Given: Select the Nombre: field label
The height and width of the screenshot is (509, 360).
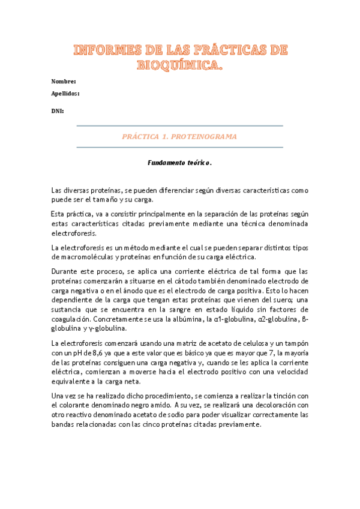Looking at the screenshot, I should [63, 81].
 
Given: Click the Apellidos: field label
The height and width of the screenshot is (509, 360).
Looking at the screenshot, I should [65, 94].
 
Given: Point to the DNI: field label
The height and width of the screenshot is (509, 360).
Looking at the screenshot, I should [58, 111].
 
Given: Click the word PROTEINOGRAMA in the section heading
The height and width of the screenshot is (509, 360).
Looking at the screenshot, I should [204, 137].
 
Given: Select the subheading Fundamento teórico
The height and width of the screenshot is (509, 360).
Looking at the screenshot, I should [180, 163].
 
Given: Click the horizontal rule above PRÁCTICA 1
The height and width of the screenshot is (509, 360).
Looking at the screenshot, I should [180, 125].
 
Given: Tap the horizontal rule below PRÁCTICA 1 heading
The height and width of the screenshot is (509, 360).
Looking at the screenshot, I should [180, 147].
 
